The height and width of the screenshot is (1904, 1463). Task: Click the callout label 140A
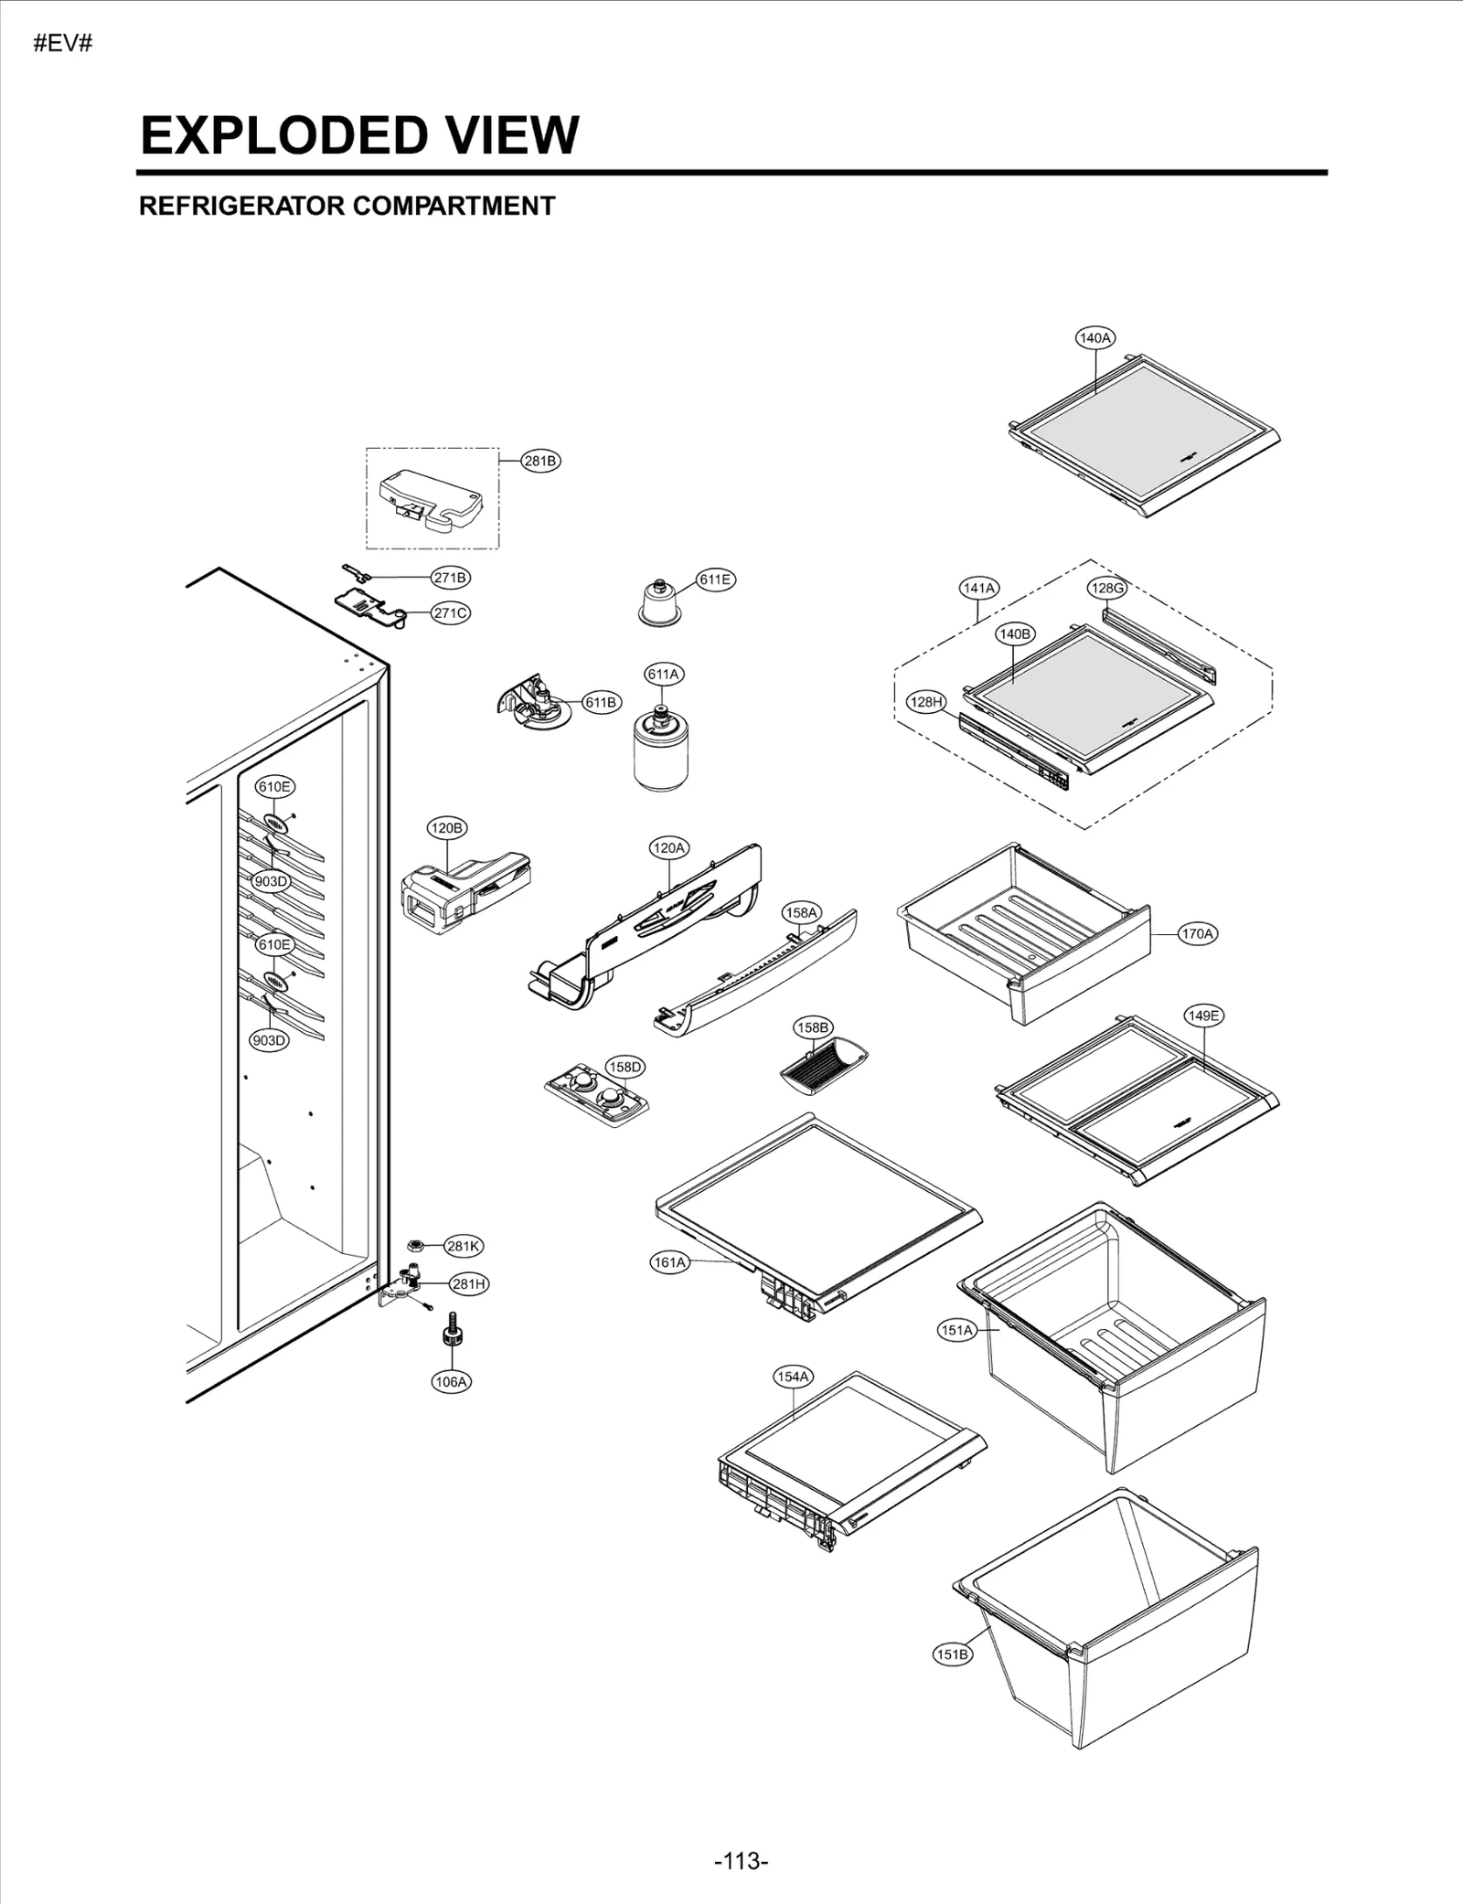pyautogui.click(x=1095, y=337)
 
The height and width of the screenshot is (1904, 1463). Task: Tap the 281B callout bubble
pyautogui.click(x=540, y=461)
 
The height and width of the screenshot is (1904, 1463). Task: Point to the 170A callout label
pyautogui.click(x=1197, y=934)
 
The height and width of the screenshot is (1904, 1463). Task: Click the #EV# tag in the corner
pyautogui.click(x=63, y=44)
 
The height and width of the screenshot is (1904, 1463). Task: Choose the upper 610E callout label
pyautogui.click(x=274, y=786)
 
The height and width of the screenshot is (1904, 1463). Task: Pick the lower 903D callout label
pyautogui.click(x=269, y=1040)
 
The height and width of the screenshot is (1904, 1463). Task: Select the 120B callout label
pyautogui.click(x=447, y=828)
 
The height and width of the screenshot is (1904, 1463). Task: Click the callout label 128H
pyautogui.click(x=925, y=702)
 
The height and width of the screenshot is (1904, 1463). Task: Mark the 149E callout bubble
pyautogui.click(x=1203, y=1016)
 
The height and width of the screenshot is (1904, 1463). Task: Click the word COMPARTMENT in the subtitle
pyautogui.click(x=454, y=207)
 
